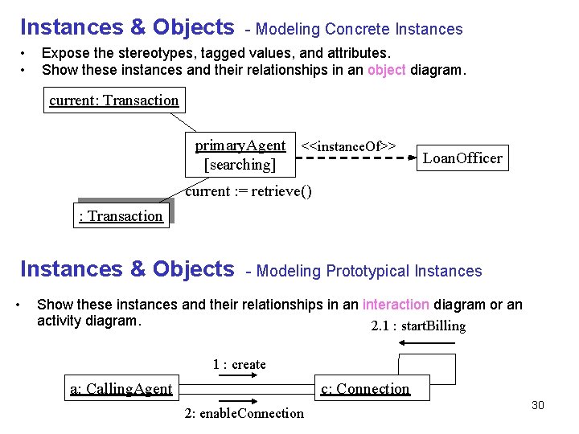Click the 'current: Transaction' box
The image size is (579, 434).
[x=113, y=100]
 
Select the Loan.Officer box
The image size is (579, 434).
[x=462, y=158]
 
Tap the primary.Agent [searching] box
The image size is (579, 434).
[x=240, y=155]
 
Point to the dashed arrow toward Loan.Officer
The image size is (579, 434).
[x=354, y=158]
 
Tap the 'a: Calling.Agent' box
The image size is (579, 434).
[x=121, y=389]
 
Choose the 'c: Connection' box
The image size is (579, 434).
[x=365, y=389]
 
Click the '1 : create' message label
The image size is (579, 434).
[x=239, y=364]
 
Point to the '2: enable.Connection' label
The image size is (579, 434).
[x=244, y=413]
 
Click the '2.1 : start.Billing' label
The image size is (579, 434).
[x=418, y=325]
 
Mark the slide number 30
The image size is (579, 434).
[x=537, y=405]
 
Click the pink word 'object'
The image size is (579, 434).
[x=387, y=70]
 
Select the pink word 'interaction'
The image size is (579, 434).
[x=396, y=305]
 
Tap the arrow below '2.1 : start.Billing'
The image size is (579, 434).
[x=427, y=343]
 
